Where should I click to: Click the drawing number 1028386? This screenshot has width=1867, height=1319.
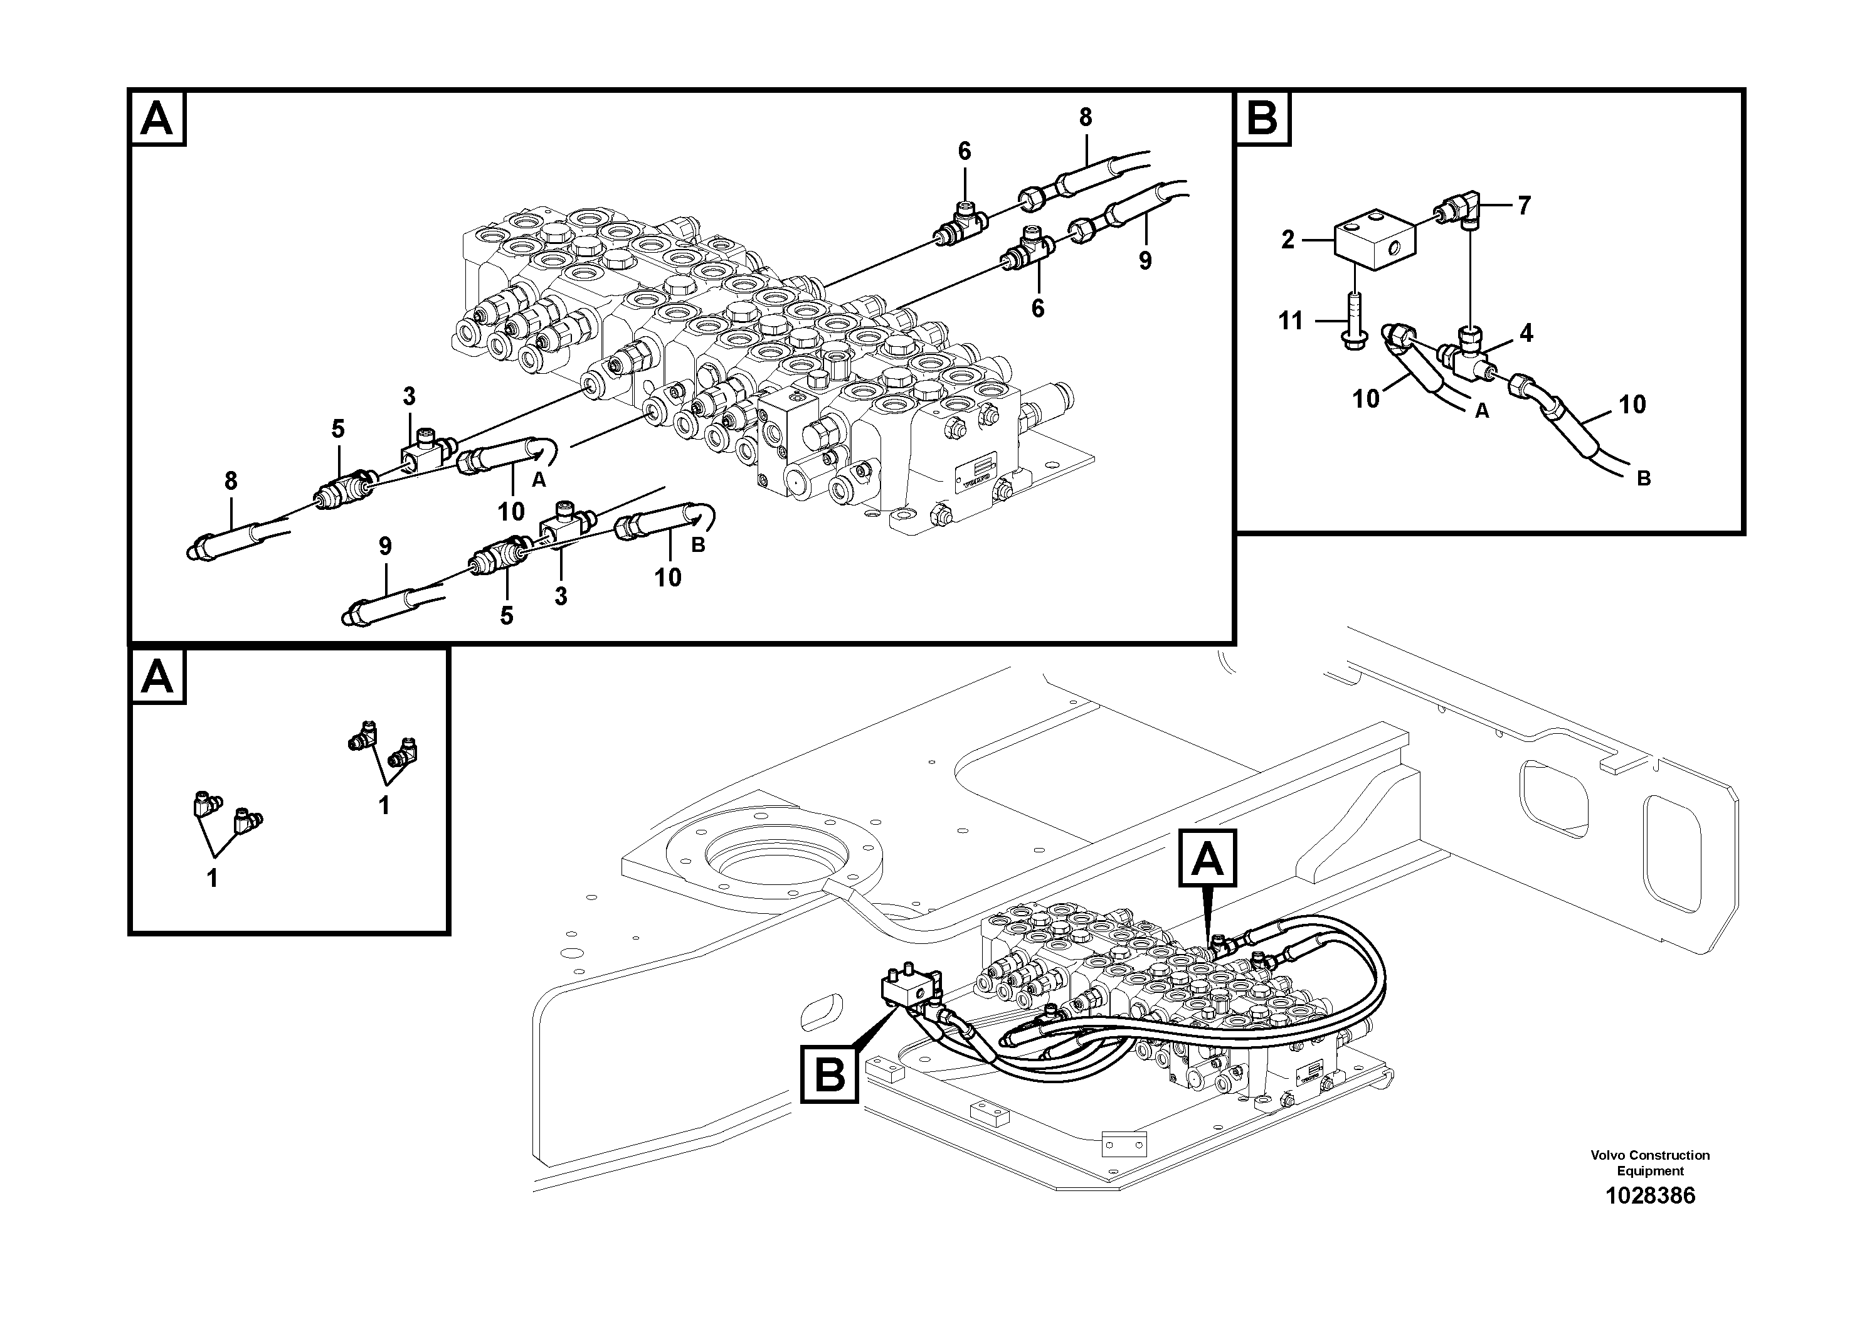point(1650,1195)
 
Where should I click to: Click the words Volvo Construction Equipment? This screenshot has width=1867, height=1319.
point(1650,1163)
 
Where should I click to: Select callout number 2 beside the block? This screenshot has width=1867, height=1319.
point(1288,240)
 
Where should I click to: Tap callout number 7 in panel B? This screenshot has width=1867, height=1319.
point(1524,206)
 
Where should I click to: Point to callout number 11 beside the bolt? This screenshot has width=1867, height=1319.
point(1291,321)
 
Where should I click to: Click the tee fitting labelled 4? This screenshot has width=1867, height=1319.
point(1467,358)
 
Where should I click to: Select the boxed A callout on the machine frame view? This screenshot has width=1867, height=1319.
point(1207,858)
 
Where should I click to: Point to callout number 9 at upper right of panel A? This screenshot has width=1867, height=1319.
point(1145,261)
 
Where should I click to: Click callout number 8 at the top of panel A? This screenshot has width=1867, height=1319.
point(1086,118)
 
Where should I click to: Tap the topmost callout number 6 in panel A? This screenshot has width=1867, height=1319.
point(965,151)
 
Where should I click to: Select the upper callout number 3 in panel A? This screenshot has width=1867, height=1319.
point(409,397)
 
